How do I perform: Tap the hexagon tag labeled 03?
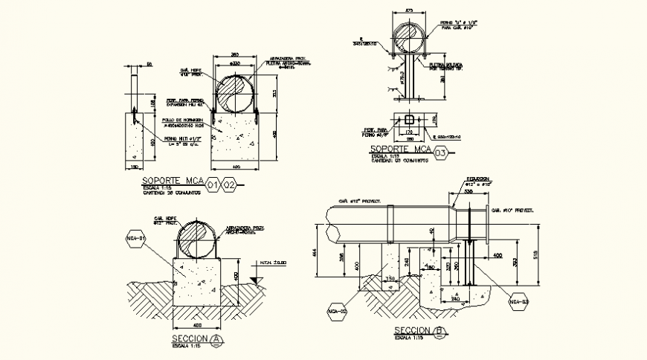click(x=441, y=153)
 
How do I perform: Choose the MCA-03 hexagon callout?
click(x=518, y=302)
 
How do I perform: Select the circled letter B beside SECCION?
click(x=441, y=332)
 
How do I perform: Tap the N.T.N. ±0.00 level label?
click(x=273, y=263)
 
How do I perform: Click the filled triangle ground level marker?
click(x=255, y=280)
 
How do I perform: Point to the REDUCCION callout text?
click(x=477, y=179)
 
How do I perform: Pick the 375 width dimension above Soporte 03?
click(x=408, y=10)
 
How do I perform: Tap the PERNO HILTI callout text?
click(x=179, y=138)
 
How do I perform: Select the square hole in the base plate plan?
click(x=408, y=120)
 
